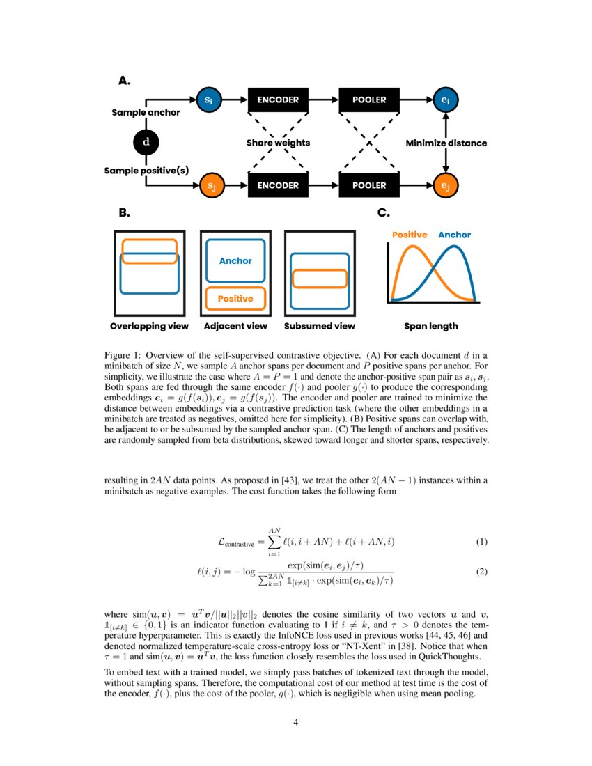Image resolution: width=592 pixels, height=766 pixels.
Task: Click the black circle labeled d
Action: coord(146,143)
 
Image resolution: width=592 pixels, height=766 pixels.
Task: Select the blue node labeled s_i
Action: coord(208,100)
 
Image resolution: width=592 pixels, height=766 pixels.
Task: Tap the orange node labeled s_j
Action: coord(208,186)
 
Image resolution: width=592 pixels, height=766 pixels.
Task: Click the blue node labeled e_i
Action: coord(445,100)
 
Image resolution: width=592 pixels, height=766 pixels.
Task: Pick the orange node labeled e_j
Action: coord(445,186)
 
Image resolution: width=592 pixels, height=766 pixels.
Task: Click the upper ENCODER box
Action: coord(278,100)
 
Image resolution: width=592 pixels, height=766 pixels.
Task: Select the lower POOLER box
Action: coord(368,186)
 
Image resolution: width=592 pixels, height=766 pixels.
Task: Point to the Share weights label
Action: coord(278,143)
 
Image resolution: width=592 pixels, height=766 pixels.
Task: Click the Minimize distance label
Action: coord(446,143)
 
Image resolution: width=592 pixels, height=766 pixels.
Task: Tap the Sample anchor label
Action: coord(146,113)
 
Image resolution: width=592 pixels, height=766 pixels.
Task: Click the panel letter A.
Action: coord(125,81)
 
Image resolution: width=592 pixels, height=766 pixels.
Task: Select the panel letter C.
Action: coord(383,213)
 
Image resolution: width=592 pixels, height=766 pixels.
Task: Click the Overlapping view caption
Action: coord(150,326)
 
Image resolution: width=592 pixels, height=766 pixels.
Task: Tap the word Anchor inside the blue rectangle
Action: coord(235,261)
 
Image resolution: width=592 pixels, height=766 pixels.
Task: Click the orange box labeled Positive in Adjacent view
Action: coord(235,298)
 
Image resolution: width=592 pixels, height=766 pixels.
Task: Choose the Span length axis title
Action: coord(431,326)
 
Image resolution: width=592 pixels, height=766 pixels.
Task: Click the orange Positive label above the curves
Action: coord(410,235)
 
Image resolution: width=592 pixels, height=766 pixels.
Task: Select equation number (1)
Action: coord(481,542)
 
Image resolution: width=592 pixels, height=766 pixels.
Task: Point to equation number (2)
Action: coord(481,572)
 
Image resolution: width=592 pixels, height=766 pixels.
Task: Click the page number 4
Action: coord(296,722)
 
